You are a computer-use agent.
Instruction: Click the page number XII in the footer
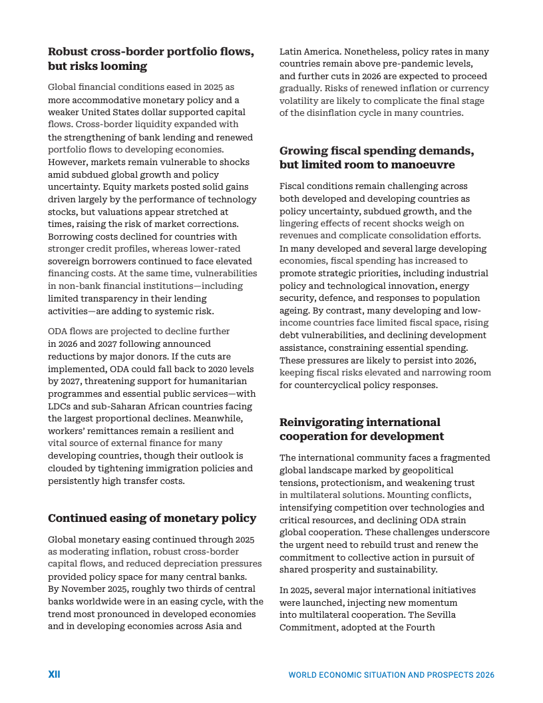click(x=54, y=674)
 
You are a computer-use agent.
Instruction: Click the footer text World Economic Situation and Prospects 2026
click(x=391, y=675)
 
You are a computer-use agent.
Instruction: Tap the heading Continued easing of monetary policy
click(x=152, y=519)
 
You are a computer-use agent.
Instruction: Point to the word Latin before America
click(x=291, y=51)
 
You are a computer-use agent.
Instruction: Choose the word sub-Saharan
click(x=112, y=406)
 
